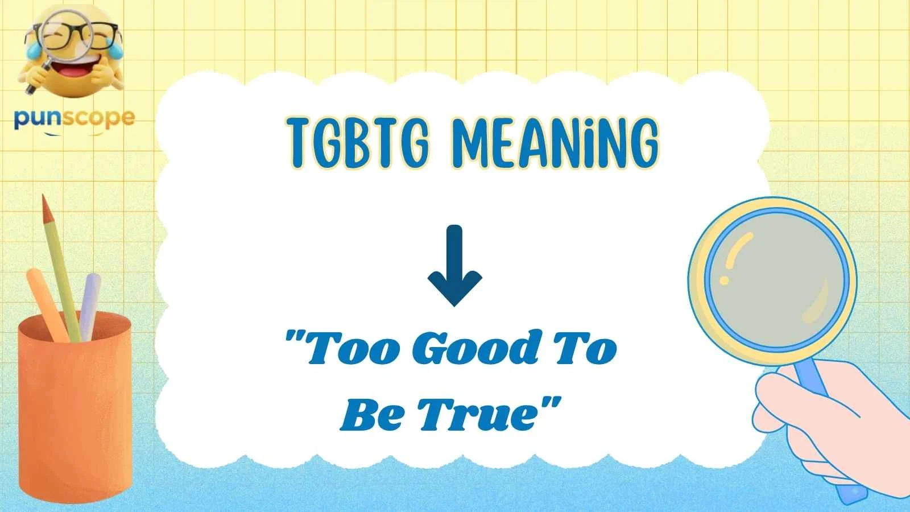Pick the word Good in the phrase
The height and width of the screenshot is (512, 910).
[x=479, y=348]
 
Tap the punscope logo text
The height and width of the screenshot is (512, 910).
[x=74, y=118]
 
